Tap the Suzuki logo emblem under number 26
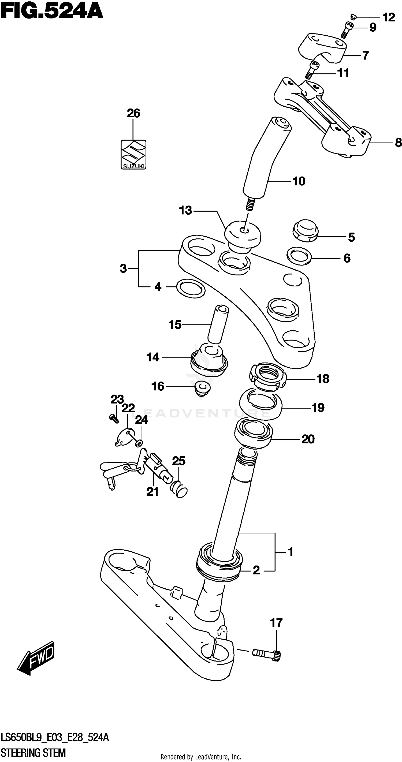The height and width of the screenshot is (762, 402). [x=133, y=154]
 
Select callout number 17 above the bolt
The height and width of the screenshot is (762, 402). [x=276, y=623]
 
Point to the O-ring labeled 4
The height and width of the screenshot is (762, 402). [x=191, y=287]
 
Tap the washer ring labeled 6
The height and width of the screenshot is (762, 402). [x=299, y=256]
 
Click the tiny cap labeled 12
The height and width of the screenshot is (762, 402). [x=353, y=16]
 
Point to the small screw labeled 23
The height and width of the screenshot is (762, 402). [x=114, y=418]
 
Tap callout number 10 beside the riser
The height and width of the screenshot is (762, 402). [x=299, y=181]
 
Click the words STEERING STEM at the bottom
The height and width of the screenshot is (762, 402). [x=33, y=752]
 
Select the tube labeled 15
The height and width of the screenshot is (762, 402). [x=218, y=324]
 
